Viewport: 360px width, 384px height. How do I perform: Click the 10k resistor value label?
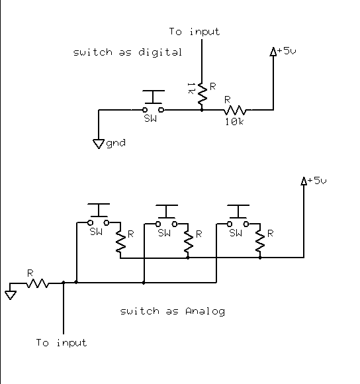click(x=234, y=122)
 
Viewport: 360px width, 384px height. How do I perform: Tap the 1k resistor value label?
click(x=191, y=89)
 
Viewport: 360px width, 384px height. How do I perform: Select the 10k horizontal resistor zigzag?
click(x=235, y=110)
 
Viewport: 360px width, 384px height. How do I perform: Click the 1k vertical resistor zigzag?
click(x=202, y=93)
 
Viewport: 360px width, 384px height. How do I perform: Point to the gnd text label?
click(x=116, y=143)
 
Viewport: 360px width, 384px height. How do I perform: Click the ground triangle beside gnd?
click(x=99, y=144)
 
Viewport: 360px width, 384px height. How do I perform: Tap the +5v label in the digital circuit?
click(x=287, y=51)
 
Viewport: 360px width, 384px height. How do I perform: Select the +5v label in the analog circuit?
click(x=317, y=181)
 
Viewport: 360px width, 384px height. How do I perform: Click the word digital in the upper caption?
click(x=160, y=52)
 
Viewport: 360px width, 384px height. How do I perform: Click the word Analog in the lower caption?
click(x=205, y=311)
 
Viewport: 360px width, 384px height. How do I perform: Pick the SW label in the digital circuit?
click(x=150, y=119)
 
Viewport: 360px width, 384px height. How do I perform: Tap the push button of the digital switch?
click(x=154, y=101)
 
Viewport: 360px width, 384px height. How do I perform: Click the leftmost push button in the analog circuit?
click(x=99, y=214)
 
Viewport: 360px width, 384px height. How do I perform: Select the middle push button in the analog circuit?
click(x=166, y=215)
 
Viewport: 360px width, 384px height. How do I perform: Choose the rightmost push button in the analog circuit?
click(x=238, y=215)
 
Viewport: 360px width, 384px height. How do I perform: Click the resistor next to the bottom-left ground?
click(x=38, y=283)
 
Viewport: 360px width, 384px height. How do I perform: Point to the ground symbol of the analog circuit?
click(x=11, y=295)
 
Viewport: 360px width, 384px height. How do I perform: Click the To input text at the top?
click(x=195, y=32)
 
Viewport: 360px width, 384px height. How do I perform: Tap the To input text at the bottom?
click(x=62, y=342)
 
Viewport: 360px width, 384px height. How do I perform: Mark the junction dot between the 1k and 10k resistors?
click(x=202, y=110)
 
